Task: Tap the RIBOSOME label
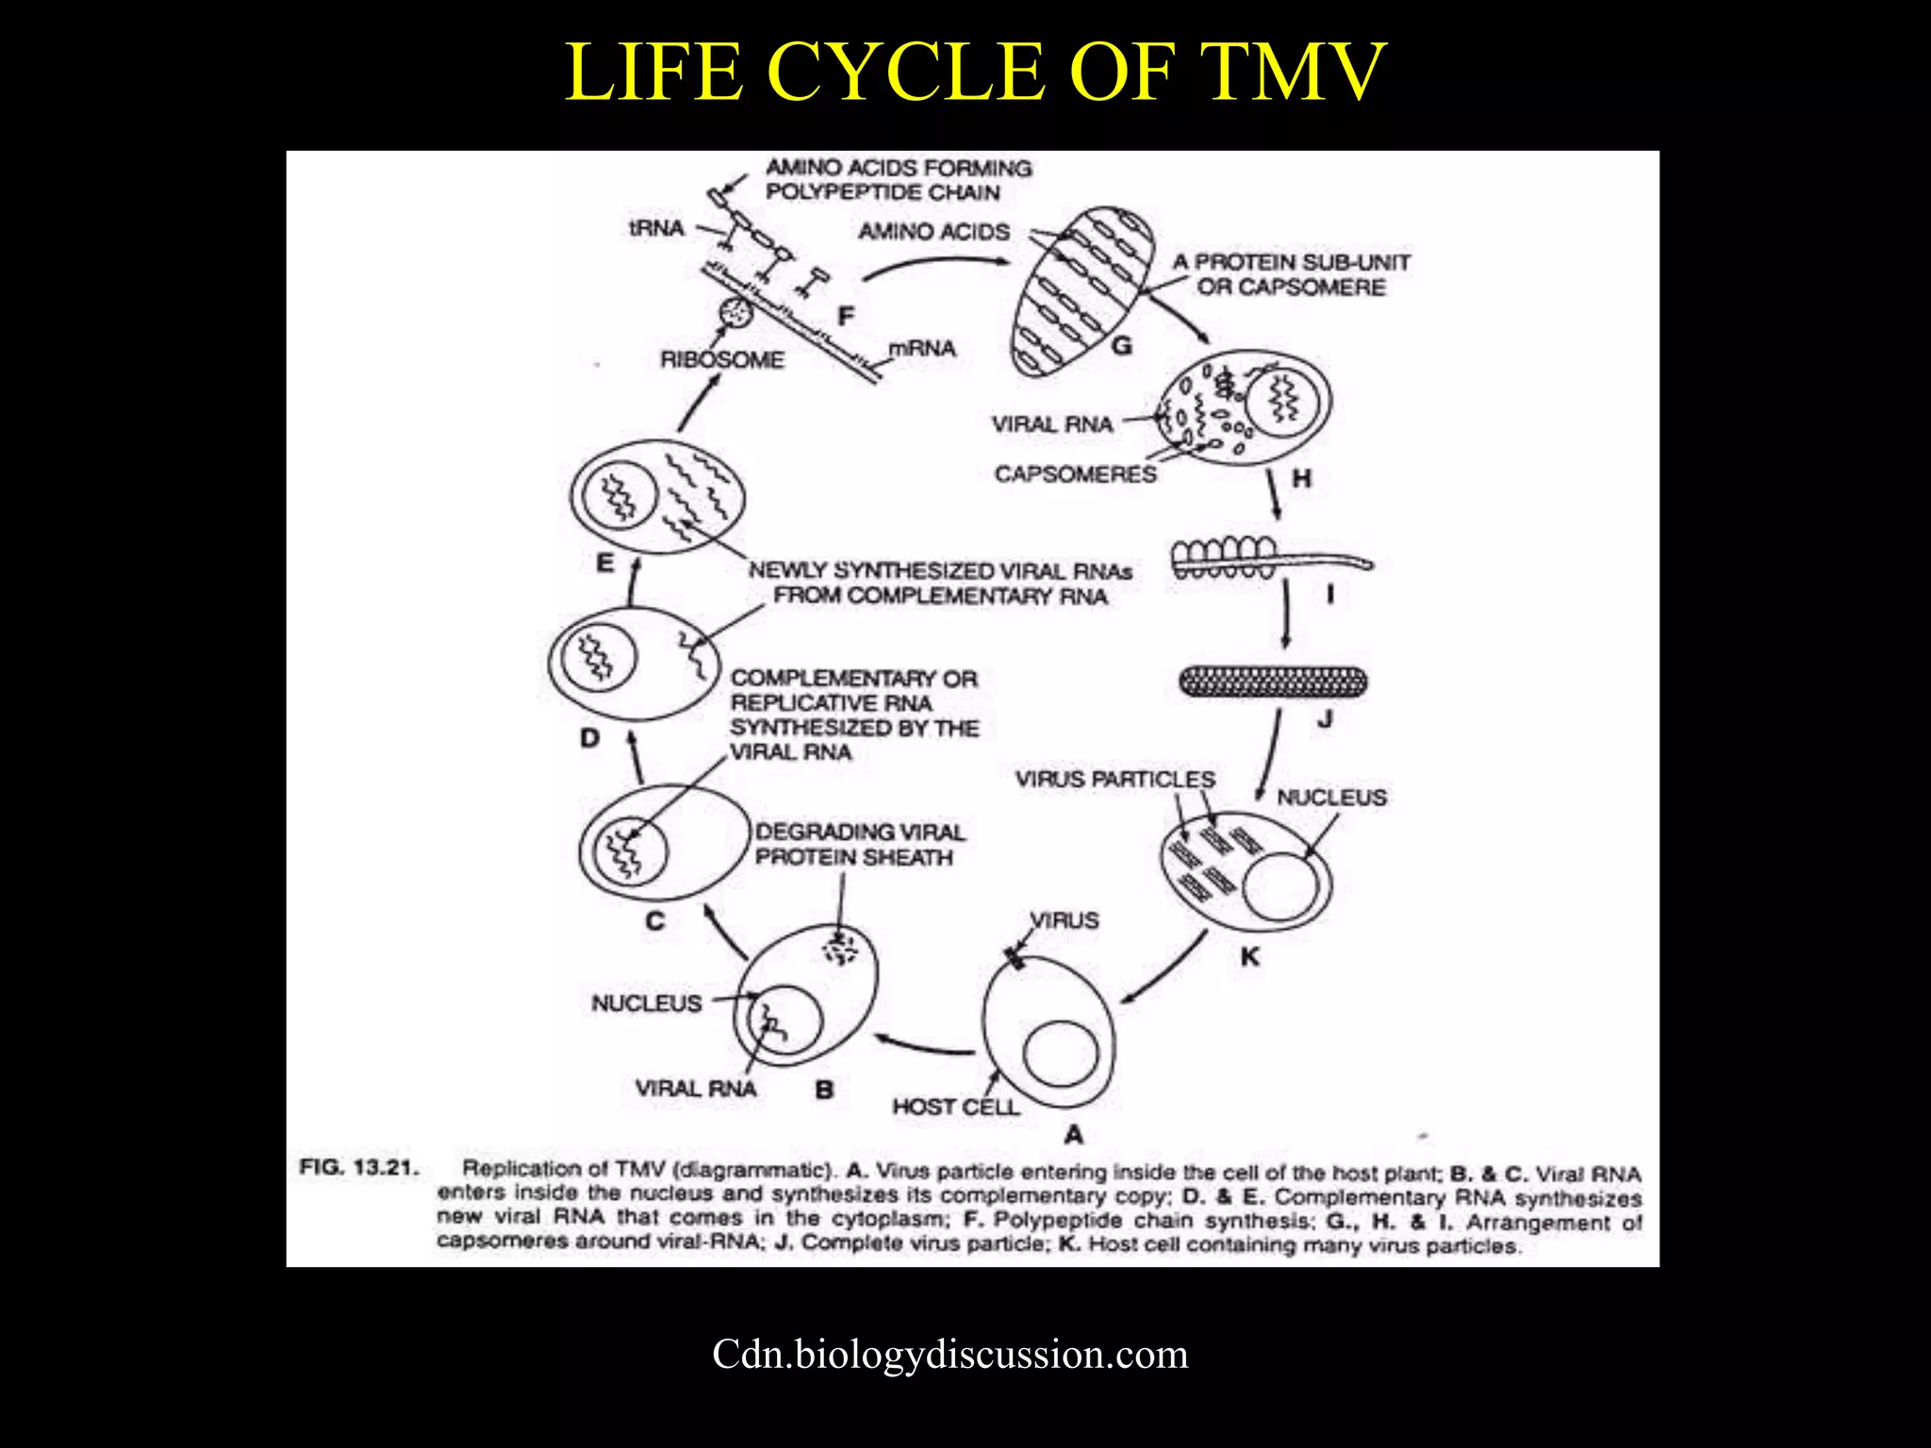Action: pyautogui.click(x=722, y=359)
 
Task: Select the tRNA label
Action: pyautogui.click(x=656, y=228)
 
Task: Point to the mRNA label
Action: pyautogui.click(x=922, y=349)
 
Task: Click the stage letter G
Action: pyautogui.click(x=1121, y=346)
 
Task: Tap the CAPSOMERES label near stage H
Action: pyautogui.click(x=1075, y=473)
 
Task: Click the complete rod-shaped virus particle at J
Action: pyautogui.click(x=1274, y=682)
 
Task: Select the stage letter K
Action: pyautogui.click(x=1250, y=957)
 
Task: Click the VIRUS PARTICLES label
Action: pyautogui.click(x=1114, y=780)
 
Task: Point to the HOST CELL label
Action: pyautogui.click(x=955, y=1107)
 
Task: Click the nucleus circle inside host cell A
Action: pyautogui.click(x=1061, y=1055)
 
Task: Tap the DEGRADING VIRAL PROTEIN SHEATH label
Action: pyautogui.click(x=859, y=845)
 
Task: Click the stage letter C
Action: pyautogui.click(x=655, y=921)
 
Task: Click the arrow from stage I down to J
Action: pyautogui.click(x=1285, y=613)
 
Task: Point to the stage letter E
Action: pyautogui.click(x=605, y=563)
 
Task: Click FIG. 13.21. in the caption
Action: pyautogui.click(x=358, y=1167)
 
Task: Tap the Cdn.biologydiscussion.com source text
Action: pyautogui.click(x=949, y=1355)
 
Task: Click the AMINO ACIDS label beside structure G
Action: pyautogui.click(x=933, y=232)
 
